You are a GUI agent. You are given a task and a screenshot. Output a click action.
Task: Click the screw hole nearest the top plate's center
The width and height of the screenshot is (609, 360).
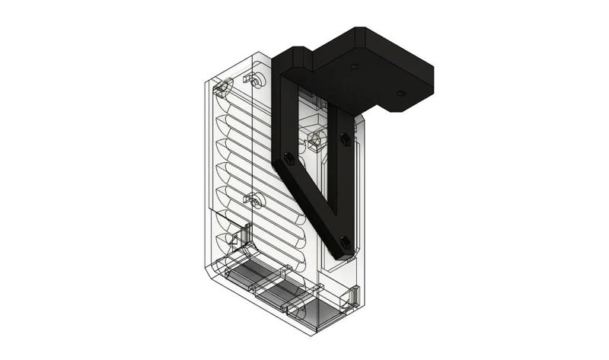[x=353, y=67]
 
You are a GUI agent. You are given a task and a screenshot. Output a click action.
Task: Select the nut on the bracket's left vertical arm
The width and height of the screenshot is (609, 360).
[x=289, y=158]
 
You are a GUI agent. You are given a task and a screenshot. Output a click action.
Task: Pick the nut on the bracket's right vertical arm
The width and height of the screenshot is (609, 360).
[x=345, y=139]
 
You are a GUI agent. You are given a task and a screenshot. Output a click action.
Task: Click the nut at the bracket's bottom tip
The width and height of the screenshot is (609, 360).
[x=346, y=243]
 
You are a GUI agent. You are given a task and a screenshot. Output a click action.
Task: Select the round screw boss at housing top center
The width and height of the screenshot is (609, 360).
[x=257, y=79]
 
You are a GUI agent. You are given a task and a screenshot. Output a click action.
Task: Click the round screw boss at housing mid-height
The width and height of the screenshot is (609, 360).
[x=255, y=201]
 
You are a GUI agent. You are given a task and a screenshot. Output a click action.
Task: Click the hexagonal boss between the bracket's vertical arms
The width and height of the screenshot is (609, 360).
[x=317, y=139]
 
